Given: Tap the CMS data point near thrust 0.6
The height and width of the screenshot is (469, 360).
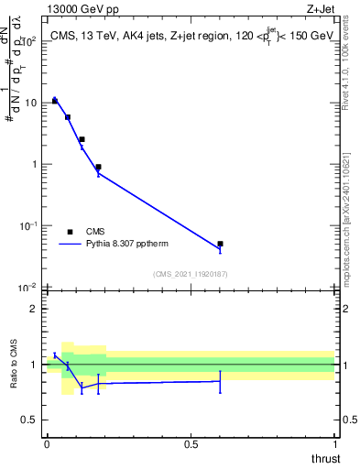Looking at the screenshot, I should [x=220, y=244].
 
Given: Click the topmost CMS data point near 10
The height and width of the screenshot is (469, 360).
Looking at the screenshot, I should [x=55, y=101].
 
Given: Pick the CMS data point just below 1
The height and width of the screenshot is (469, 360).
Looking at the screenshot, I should [x=98, y=168].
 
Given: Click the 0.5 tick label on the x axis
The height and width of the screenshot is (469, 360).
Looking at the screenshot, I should [x=191, y=443].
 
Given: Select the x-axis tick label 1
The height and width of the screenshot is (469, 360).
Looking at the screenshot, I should [x=335, y=443].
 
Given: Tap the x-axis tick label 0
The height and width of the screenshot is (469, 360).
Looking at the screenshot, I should [x=47, y=443].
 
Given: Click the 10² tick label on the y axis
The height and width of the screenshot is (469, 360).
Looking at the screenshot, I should [x=28, y=41].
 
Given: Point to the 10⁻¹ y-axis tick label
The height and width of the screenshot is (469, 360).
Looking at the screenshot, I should [x=27, y=225].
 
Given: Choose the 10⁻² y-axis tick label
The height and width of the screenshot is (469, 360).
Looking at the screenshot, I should [x=27, y=287].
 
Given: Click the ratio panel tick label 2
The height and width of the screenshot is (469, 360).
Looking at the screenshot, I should [x=33, y=309].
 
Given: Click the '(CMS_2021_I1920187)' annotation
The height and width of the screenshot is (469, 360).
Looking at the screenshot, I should [x=191, y=274].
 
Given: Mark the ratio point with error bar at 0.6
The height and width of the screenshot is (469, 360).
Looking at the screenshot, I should [x=220, y=381].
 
